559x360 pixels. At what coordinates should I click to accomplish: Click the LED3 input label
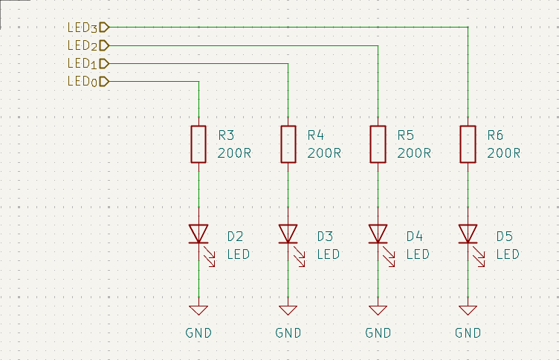[x=88, y=28]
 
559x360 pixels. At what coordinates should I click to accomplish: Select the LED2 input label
[x=88, y=45]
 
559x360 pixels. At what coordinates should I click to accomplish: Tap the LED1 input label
[x=88, y=64]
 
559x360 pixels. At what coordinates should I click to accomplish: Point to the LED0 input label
[x=88, y=82]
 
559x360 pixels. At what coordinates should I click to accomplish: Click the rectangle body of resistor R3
[x=198, y=144]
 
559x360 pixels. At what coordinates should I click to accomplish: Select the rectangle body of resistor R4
[x=288, y=144]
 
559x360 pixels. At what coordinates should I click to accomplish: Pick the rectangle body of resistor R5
[x=378, y=144]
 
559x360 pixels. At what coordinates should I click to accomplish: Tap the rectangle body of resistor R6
[x=468, y=144]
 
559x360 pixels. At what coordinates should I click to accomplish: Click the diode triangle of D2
[x=198, y=234]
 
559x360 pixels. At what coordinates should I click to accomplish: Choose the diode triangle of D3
[x=288, y=234]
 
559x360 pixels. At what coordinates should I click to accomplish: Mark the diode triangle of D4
[x=378, y=234]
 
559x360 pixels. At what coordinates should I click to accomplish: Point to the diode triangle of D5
[x=468, y=234]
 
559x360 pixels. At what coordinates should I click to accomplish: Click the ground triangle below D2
[x=198, y=310]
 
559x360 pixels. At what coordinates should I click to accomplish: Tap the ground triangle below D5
[x=468, y=310]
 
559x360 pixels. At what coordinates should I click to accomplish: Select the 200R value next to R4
[x=324, y=153]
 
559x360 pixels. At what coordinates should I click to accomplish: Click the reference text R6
[x=495, y=135]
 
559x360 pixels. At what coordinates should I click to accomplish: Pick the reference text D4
[x=415, y=237]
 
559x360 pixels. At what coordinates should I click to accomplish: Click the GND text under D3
[x=288, y=333]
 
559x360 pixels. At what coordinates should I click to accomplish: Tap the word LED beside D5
[x=508, y=254]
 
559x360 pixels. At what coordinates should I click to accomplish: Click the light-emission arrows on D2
[x=210, y=256]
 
